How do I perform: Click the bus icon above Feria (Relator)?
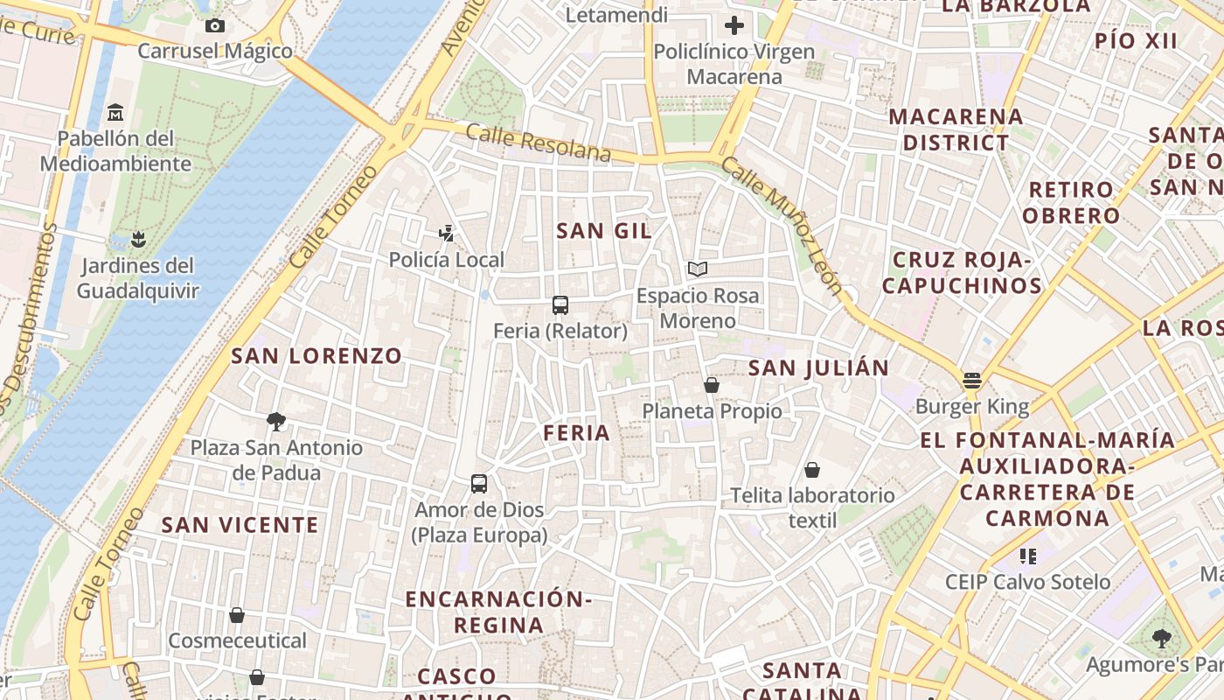(x=560, y=305)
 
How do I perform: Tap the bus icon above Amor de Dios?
(x=479, y=484)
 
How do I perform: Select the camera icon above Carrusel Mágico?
(x=215, y=25)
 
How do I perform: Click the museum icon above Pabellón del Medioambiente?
(x=115, y=113)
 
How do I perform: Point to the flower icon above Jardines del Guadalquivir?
(x=137, y=238)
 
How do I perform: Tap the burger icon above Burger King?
(x=972, y=381)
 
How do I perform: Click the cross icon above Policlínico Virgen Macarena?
(x=734, y=24)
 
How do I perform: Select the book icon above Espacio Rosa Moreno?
(x=697, y=269)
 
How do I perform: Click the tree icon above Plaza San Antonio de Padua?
(x=276, y=422)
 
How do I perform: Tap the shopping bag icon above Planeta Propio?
(x=712, y=385)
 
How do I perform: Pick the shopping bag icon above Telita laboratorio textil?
(x=812, y=470)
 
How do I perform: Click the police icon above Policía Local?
(x=447, y=233)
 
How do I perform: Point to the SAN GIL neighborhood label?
(x=604, y=231)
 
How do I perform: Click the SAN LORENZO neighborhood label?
(x=316, y=356)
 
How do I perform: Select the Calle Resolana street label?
(x=538, y=143)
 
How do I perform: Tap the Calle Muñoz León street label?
(x=782, y=227)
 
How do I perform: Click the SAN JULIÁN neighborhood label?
(x=818, y=367)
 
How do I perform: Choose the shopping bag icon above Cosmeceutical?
(x=237, y=615)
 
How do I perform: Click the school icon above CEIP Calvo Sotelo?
(x=1027, y=556)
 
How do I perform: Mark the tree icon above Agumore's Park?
(x=1161, y=639)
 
